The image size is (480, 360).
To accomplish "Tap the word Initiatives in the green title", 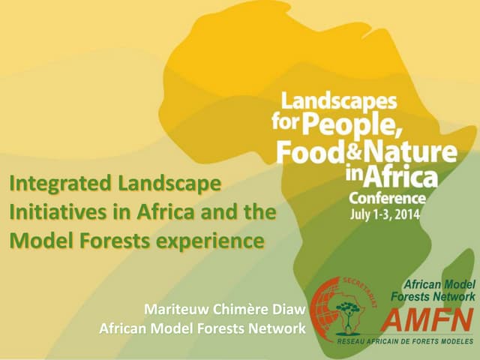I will (x=47, y=212).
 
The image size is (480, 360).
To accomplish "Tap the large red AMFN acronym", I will (x=427, y=321).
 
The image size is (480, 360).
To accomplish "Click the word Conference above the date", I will (x=387, y=199).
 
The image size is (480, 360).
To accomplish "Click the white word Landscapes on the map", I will (x=339, y=99).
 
